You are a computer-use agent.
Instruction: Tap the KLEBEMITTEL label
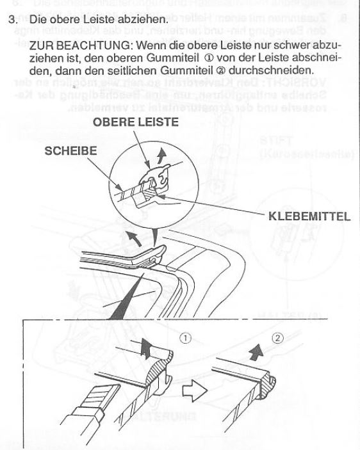click(x=307, y=216)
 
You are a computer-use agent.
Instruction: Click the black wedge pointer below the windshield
click(x=122, y=301)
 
